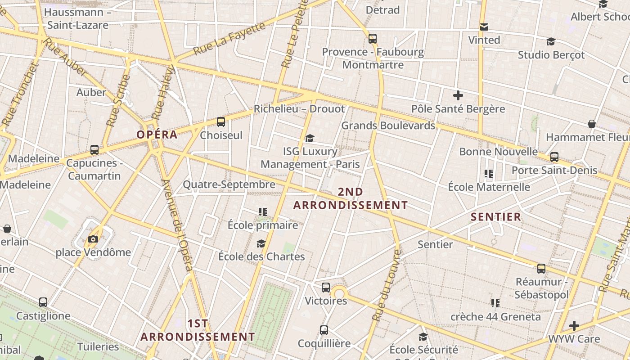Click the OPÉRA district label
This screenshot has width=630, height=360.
(157, 135)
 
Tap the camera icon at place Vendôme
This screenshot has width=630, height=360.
(93, 239)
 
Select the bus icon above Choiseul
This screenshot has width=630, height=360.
(220, 121)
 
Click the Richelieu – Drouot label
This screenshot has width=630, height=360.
(299, 109)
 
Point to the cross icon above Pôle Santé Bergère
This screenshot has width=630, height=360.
(458, 95)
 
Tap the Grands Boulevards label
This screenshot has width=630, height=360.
(388, 126)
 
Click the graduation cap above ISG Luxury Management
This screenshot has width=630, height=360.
(310, 138)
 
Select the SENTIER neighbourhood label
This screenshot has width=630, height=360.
(496, 217)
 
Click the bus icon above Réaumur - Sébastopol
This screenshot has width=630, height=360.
(541, 269)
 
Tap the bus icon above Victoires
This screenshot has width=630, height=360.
(326, 287)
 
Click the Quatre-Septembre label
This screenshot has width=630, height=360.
(229, 184)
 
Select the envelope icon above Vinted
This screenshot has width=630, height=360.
(484, 27)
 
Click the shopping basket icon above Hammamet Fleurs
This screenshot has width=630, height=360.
(592, 124)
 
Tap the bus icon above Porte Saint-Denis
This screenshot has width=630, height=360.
(554, 157)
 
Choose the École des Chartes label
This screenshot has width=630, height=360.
(261, 257)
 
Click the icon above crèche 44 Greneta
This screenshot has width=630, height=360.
(495, 303)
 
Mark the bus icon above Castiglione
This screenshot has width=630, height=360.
(43, 302)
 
